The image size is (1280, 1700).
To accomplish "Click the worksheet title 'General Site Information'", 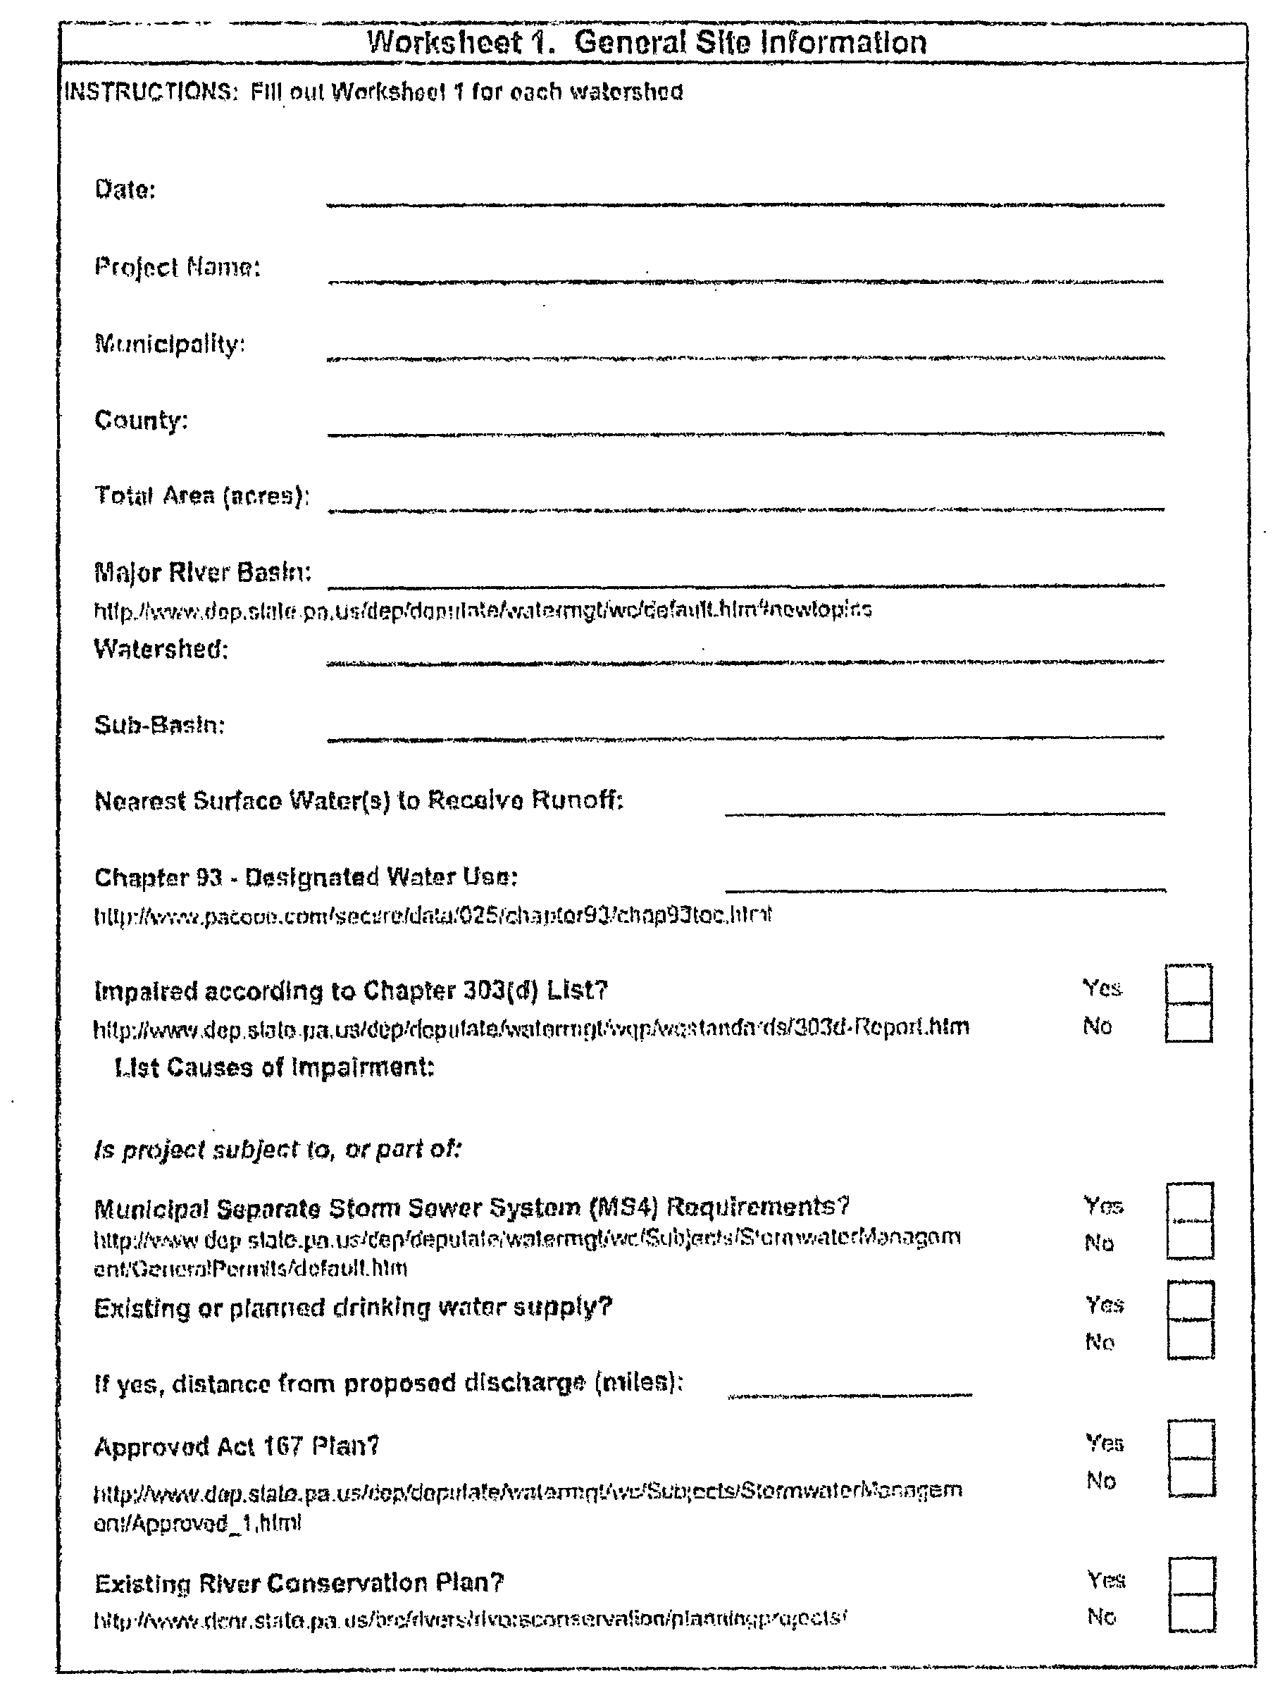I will click(x=646, y=42).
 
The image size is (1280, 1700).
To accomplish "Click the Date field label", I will click(x=125, y=189).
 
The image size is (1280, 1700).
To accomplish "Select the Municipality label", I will click(x=170, y=344).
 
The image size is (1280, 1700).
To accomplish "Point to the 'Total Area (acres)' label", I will click(x=201, y=496).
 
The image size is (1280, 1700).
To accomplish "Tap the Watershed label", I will click(x=161, y=650).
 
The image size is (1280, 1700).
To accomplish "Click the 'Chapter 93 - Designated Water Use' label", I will click(x=306, y=877).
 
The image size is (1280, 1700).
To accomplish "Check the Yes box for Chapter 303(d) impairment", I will click(x=1188, y=984).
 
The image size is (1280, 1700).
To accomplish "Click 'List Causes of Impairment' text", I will click(x=274, y=1067).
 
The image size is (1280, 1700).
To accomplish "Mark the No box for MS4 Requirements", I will click(x=1190, y=1241).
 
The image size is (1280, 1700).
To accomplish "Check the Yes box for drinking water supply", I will click(x=1190, y=1301).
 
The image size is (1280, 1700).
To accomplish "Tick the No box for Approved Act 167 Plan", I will click(x=1192, y=1477).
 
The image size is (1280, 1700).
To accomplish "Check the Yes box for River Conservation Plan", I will click(x=1192, y=1576).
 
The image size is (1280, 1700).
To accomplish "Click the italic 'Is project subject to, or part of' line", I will click(x=278, y=1150).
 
